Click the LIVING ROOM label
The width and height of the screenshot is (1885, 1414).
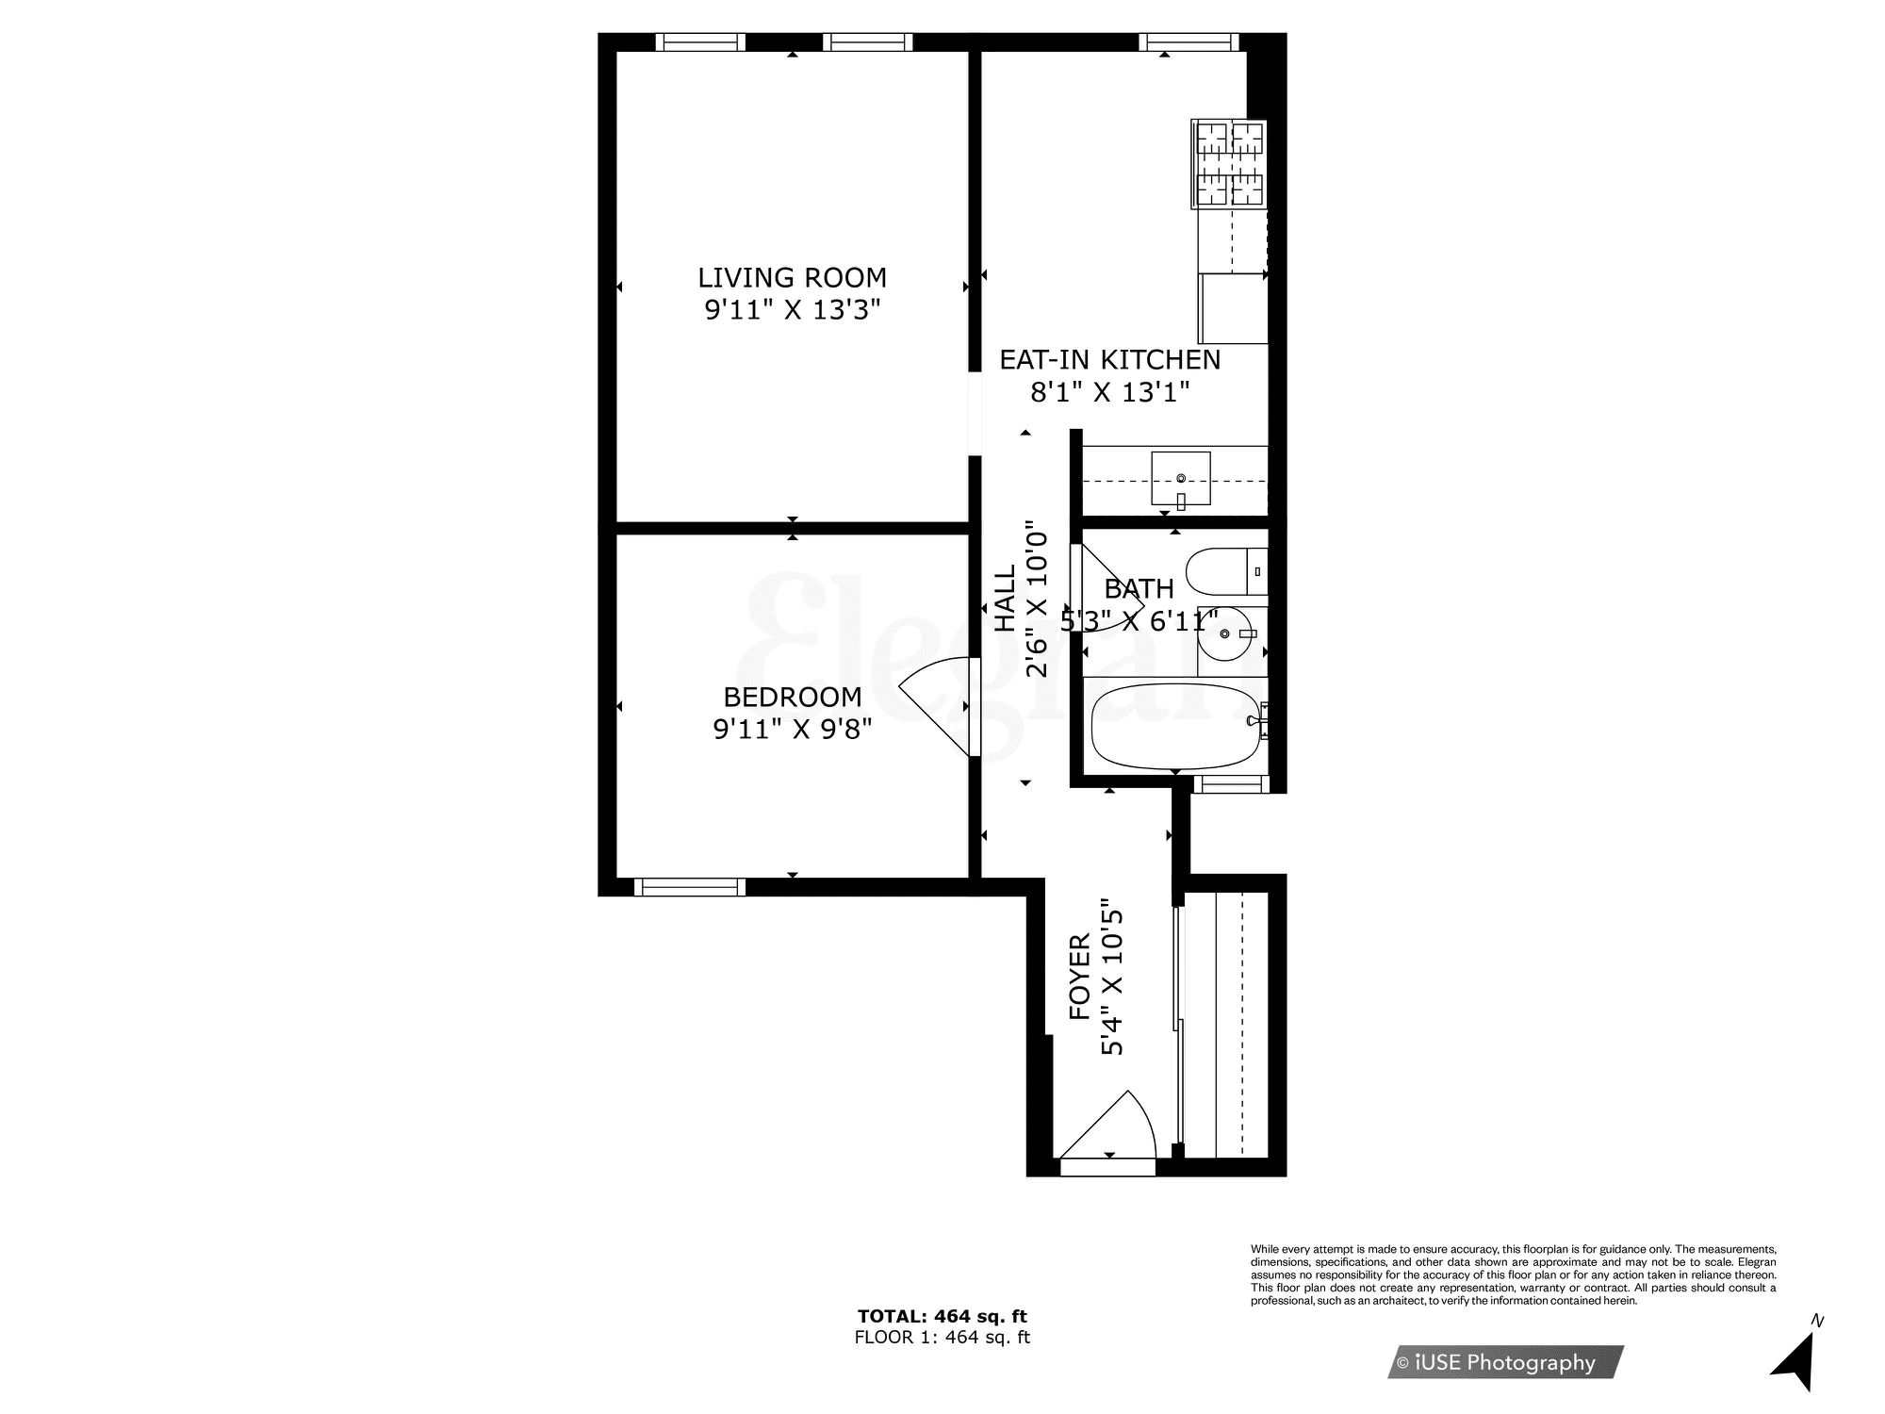click(x=792, y=278)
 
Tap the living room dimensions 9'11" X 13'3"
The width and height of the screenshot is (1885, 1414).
click(x=792, y=310)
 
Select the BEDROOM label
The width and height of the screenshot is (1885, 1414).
click(x=792, y=697)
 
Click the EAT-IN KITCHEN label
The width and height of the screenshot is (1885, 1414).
click(x=1109, y=360)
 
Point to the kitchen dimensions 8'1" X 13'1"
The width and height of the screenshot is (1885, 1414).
click(x=1109, y=392)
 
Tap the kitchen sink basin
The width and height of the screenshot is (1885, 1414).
click(x=1180, y=479)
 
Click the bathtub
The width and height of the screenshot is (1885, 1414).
click(x=1174, y=727)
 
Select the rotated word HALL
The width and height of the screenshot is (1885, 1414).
click(x=1006, y=598)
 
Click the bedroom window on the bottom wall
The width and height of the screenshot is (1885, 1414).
click(x=689, y=887)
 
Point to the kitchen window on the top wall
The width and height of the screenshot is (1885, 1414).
click(x=1188, y=41)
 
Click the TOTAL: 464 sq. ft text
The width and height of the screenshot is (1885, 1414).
click(x=942, y=1316)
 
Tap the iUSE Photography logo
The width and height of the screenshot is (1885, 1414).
click(x=1504, y=1362)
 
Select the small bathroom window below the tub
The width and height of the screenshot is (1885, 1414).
click(x=1230, y=784)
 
